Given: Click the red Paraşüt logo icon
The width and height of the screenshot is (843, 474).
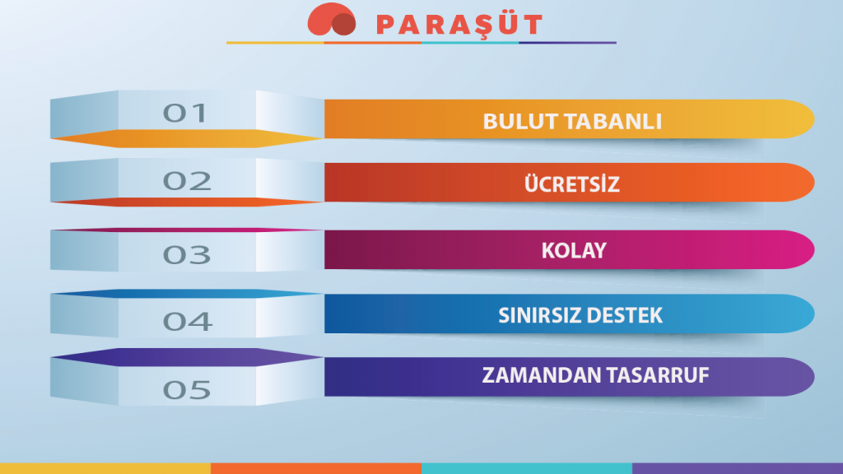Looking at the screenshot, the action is tap(332, 20).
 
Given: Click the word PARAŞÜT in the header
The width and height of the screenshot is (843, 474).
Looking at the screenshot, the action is tap(459, 26).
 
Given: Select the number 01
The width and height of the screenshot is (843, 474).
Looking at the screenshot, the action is tap(185, 113).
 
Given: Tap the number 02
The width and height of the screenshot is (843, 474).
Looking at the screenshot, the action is tap(187, 180).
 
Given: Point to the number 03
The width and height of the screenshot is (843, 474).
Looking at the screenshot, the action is tap(187, 255).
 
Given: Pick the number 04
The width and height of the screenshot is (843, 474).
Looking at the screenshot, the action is tap(188, 322).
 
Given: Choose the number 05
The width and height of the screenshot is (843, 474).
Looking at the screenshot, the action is tap(187, 390).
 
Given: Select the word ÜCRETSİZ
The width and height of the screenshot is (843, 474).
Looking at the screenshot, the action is tap(572, 184).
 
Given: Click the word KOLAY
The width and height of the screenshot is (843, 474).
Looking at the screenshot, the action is tap(574, 250).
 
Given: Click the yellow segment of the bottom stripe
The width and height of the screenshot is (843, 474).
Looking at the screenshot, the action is tap(105, 468).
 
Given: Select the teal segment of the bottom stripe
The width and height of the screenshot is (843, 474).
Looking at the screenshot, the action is tap(527, 468).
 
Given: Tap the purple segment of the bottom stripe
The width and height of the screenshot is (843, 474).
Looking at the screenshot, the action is tap(738, 468).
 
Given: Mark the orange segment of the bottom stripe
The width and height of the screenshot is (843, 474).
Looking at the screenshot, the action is tap(316, 468).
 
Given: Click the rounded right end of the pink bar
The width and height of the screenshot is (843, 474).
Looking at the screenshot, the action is tap(803, 250).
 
